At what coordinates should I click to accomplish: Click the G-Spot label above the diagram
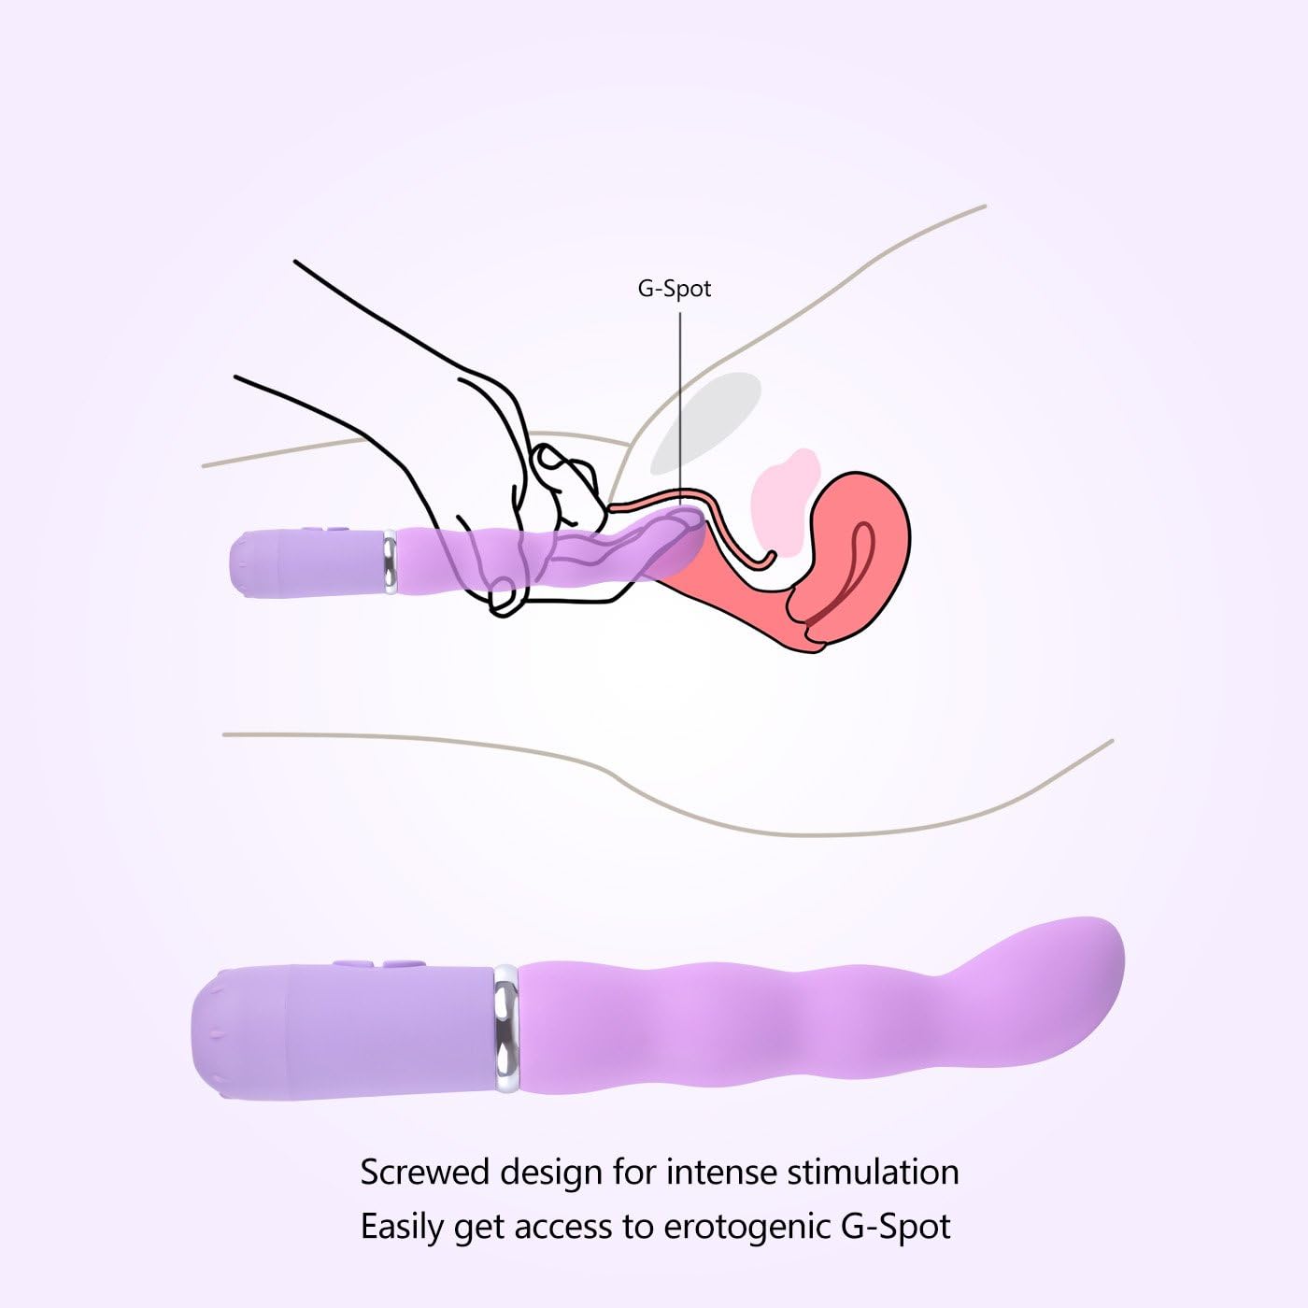point(674,289)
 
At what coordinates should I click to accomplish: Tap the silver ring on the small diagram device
point(390,562)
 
